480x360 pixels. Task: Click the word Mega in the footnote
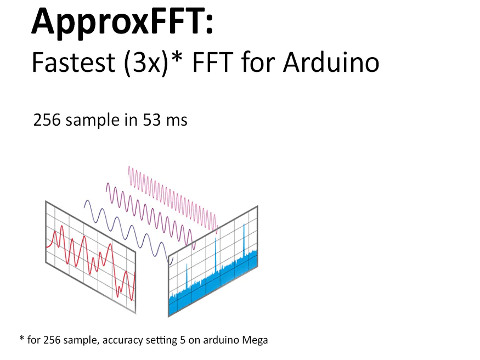click(x=256, y=340)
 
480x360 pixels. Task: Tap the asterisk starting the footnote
click(x=21, y=339)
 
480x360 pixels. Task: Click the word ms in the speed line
click(x=176, y=120)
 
